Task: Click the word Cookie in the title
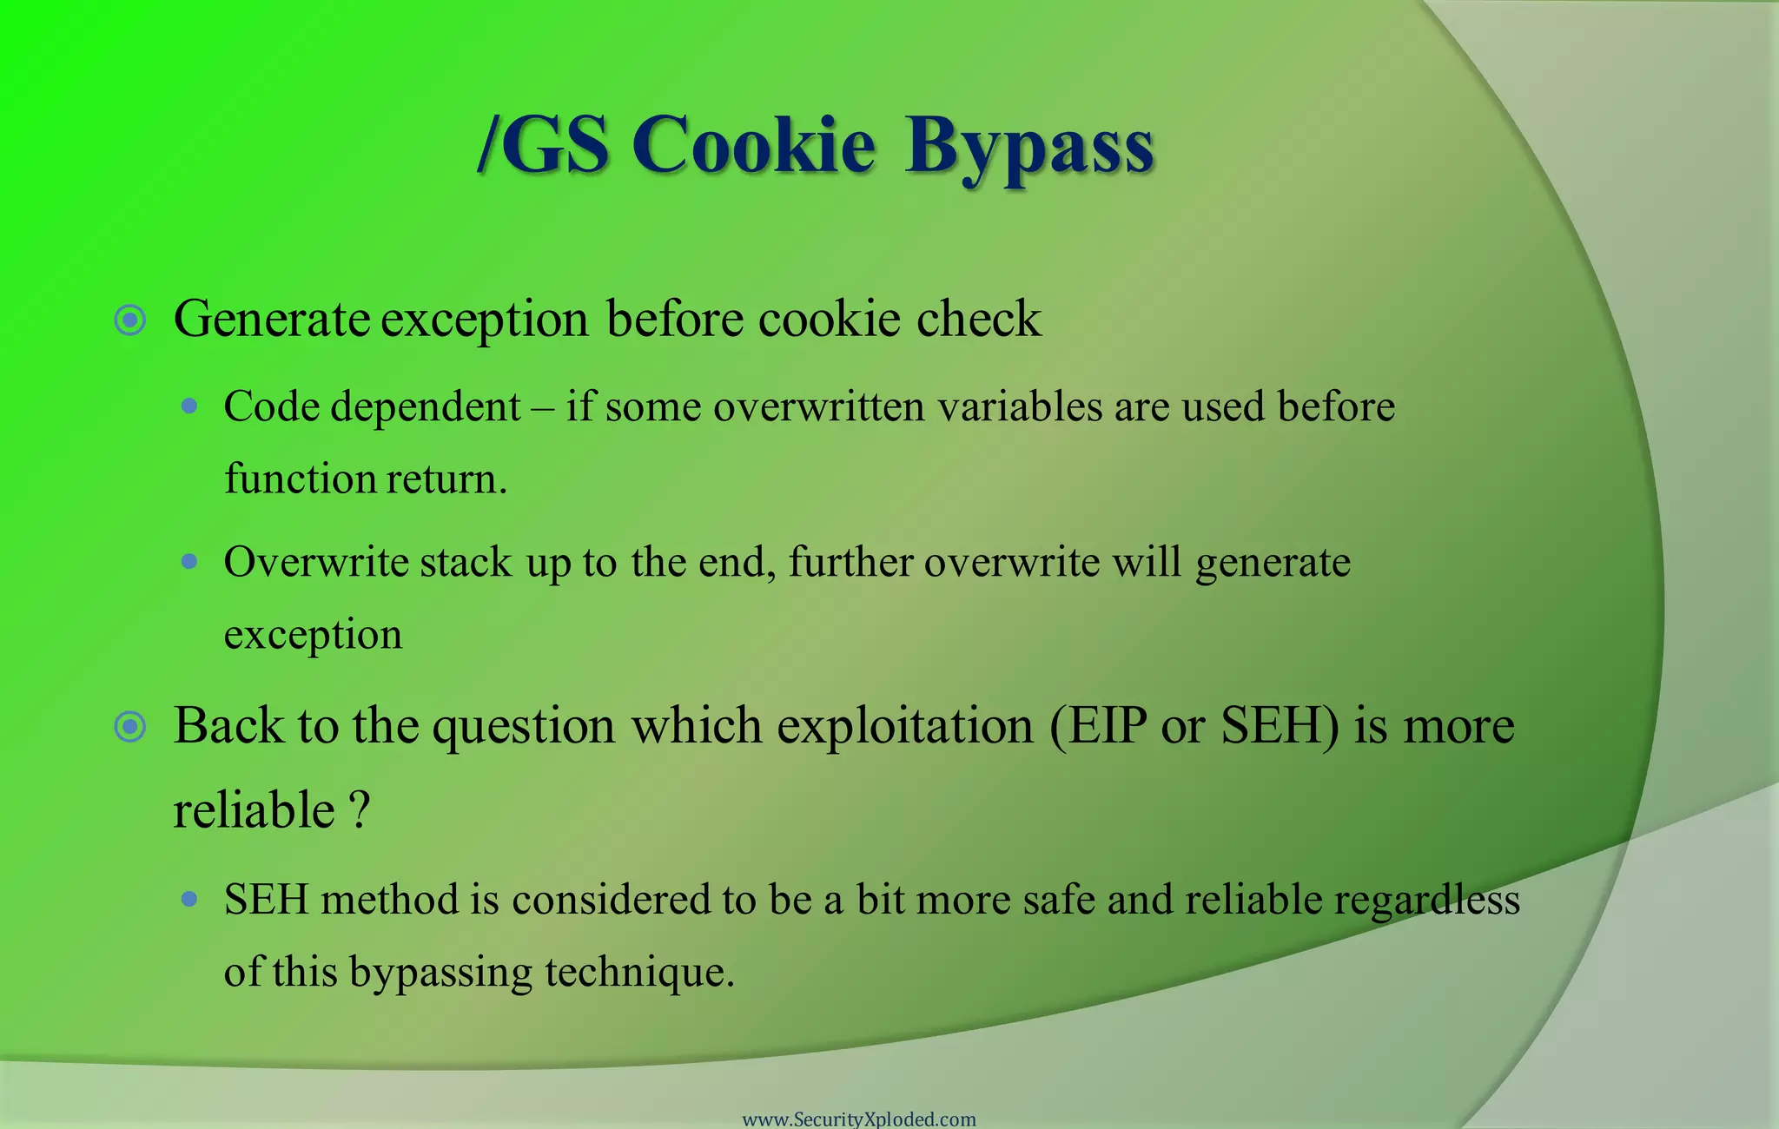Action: click(753, 146)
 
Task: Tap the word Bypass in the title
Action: click(1029, 148)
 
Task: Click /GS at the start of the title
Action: click(544, 146)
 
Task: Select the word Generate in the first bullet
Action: click(272, 320)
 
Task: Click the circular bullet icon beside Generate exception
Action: click(130, 320)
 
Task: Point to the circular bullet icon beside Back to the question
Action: click(130, 726)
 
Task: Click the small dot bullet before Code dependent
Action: click(189, 406)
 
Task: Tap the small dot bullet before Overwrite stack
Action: click(189, 561)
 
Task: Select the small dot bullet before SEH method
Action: click(189, 899)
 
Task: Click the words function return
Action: click(366, 479)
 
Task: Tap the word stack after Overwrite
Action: click(466, 562)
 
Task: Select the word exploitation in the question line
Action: click(904, 726)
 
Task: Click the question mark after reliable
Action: click(360, 810)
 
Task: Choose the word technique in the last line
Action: click(639, 971)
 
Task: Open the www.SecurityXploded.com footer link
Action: click(859, 1119)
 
